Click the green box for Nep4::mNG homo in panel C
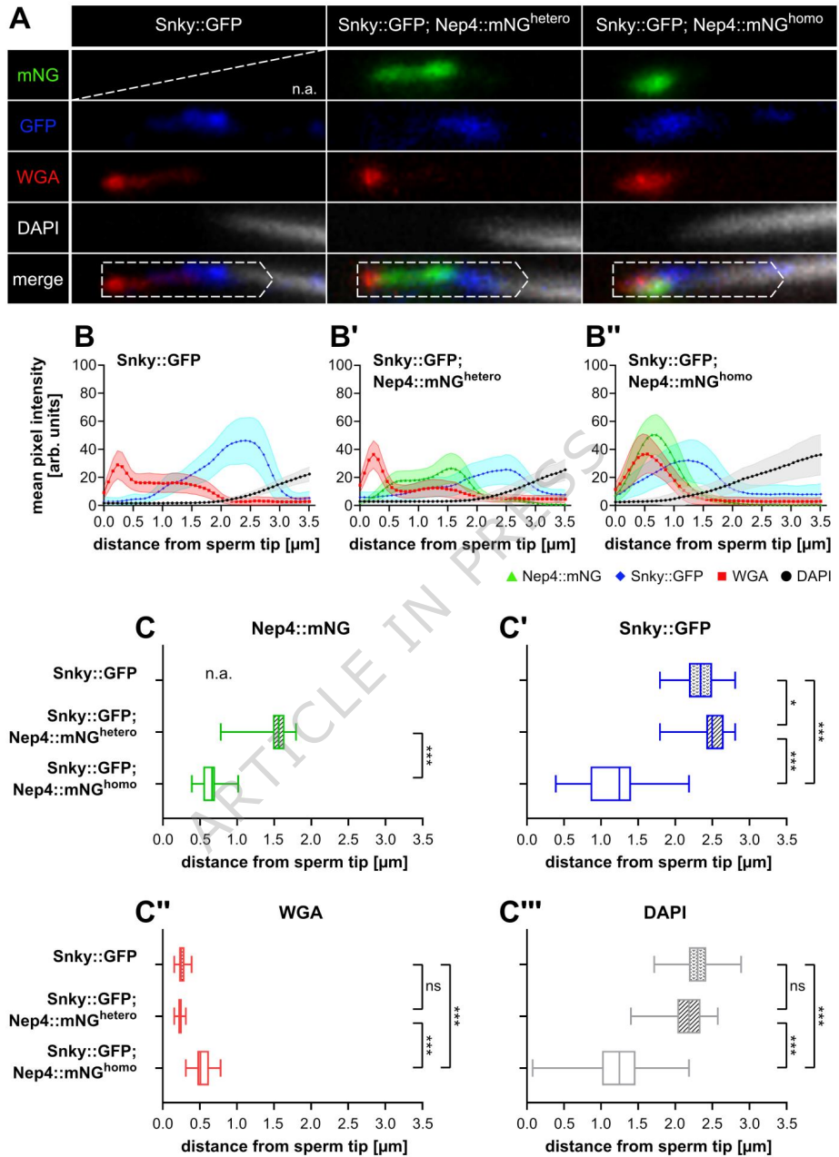pos(208,784)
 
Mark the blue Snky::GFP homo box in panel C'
pos(611,784)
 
